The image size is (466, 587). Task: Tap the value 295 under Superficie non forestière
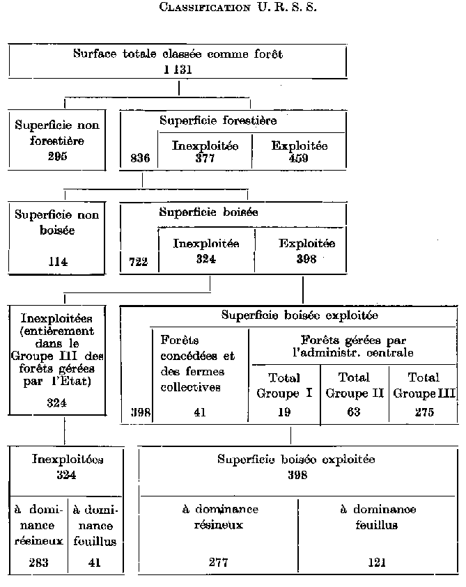click(x=57, y=157)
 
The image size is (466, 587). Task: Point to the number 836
click(x=140, y=159)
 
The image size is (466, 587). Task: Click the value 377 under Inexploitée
click(x=205, y=158)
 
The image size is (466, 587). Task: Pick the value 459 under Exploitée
click(x=299, y=158)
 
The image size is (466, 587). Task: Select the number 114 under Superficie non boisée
click(x=57, y=262)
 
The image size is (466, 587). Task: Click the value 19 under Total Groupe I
click(x=284, y=412)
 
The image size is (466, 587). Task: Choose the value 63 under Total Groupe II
click(x=353, y=412)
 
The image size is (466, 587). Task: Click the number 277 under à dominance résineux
click(x=219, y=563)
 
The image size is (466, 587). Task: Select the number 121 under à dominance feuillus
click(x=378, y=563)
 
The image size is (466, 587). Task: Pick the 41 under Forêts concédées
click(x=200, y=412)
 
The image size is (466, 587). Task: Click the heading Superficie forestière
click(x=218, y=120)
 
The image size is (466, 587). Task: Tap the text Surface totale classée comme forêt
click(x=178, y=54)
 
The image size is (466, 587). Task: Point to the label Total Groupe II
click(x=353, y=384)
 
